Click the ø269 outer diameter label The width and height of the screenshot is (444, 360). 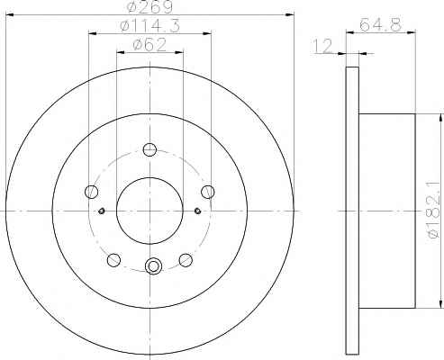coord(150,7)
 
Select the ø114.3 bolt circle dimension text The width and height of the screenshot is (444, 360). coord(150,26)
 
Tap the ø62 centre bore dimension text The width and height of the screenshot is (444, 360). coord(150,45)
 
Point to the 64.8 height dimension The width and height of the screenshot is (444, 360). coord(381,24)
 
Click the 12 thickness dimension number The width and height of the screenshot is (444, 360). coord(322,47)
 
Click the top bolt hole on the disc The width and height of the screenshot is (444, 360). coord(150,149)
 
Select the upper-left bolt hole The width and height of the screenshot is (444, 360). coord(91,192)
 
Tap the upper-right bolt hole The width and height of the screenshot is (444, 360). coord(208,192)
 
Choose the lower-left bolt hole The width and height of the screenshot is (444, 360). coord(113,260)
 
